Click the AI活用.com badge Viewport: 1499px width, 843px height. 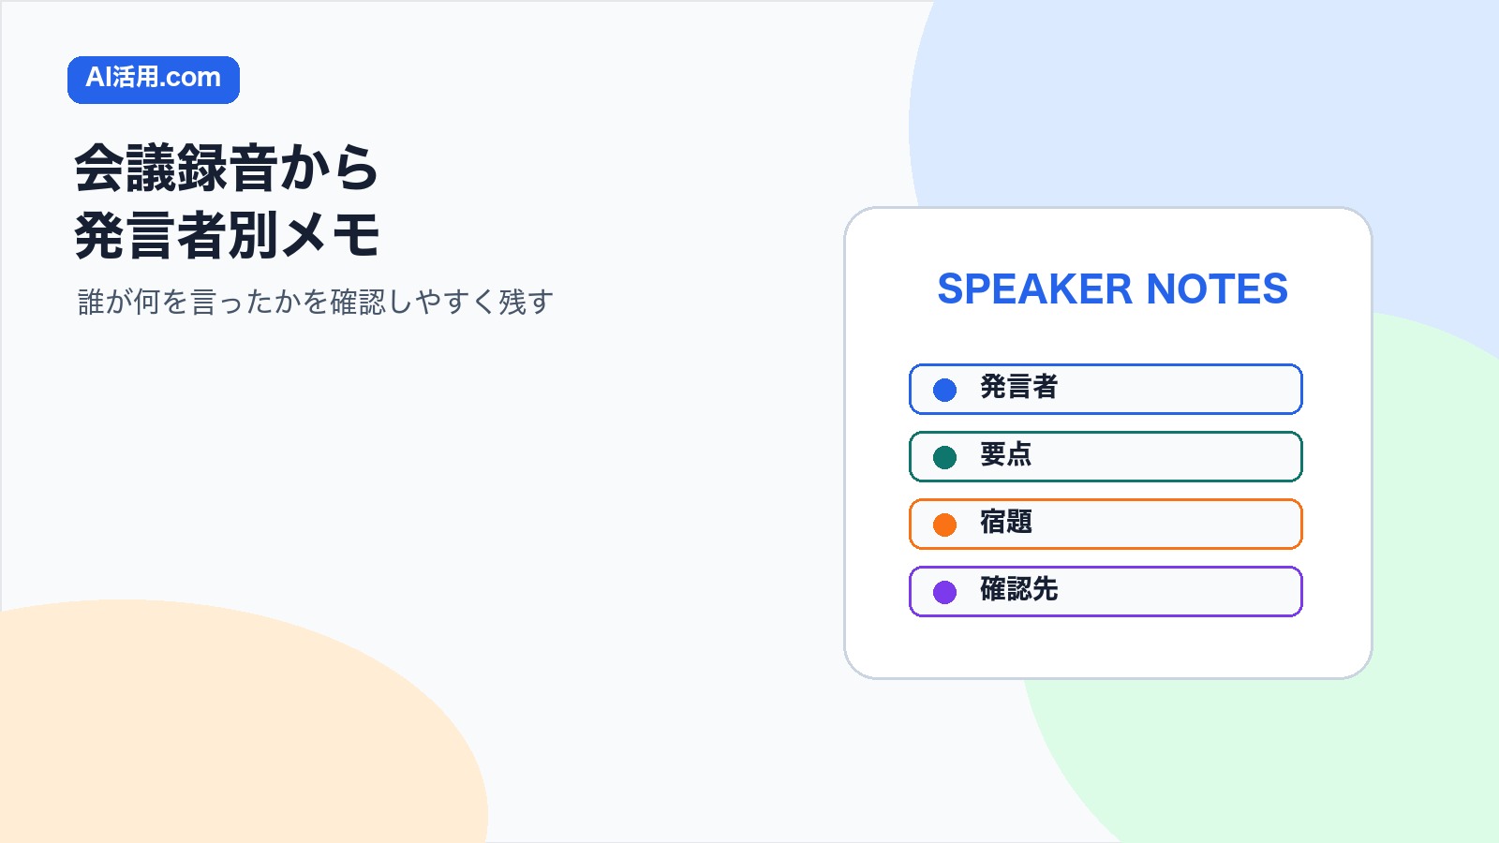point(154,80)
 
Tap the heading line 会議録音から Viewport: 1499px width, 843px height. point(227,168)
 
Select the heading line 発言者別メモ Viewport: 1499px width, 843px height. point(227,235)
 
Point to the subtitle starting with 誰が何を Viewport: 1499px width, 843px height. point(316,302)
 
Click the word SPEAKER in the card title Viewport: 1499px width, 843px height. point(1034,289)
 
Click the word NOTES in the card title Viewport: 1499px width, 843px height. point(1217,289)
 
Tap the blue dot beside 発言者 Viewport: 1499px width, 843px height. point(944,390)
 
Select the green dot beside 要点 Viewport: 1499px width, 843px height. point(944,458)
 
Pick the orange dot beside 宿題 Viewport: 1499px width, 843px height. point(944,525)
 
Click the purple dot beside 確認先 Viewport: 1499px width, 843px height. point(944,592)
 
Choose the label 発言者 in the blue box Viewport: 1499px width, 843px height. point(1018,388)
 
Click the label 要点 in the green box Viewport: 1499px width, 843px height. point(1006,455)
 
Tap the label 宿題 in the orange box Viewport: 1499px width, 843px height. point(1006,522)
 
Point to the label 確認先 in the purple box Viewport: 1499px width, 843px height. point(1018,589)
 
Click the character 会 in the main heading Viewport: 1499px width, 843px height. point(99,168)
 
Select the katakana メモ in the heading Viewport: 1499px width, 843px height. point(330,235)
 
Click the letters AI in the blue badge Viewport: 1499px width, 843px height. point(97,78)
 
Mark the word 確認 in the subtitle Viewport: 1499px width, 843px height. point(358,302)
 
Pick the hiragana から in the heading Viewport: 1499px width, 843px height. point(329,168)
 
